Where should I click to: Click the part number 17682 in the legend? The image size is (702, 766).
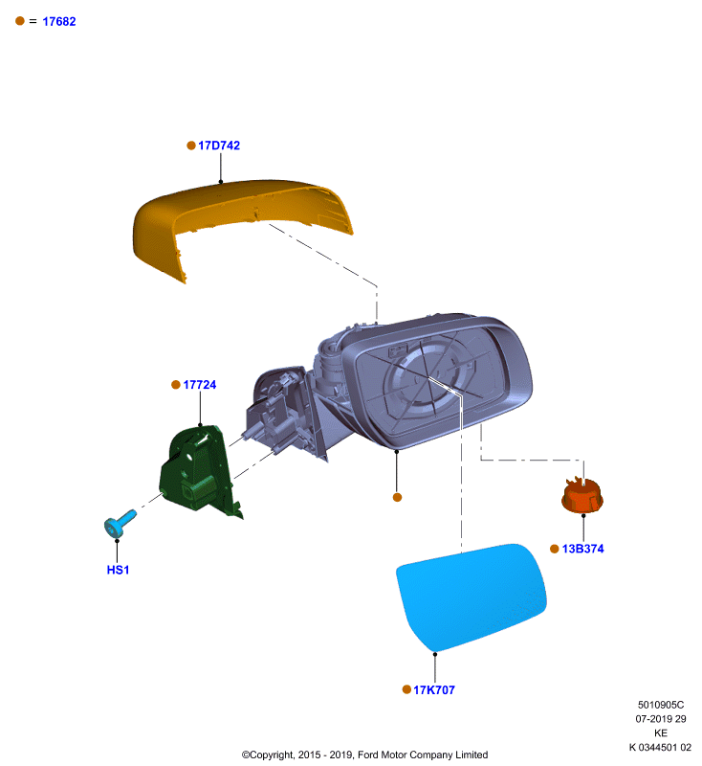pos(59,21)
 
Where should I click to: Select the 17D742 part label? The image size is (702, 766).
pos(219,146)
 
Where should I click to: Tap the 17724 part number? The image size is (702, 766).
pos(200,385)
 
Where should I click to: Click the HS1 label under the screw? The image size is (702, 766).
pos(118,570)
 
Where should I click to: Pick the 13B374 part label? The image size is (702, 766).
pos(583,549)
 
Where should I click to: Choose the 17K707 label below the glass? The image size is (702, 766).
pos(434,690)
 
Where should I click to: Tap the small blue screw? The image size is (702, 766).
pos(120,524)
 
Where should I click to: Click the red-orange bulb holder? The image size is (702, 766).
pos(582,496)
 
